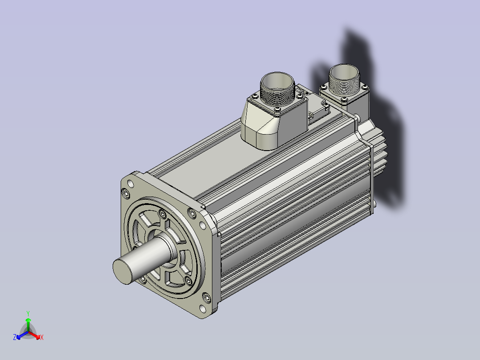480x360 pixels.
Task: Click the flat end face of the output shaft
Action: click(122, 271)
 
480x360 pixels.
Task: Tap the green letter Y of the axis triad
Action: click(28, 313)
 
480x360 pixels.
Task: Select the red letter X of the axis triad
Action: click(42, 337)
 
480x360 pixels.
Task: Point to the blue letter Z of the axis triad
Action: click(14, 337)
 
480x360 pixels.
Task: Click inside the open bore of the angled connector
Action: click(277, 80)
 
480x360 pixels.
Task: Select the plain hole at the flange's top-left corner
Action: click(130, 184)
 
